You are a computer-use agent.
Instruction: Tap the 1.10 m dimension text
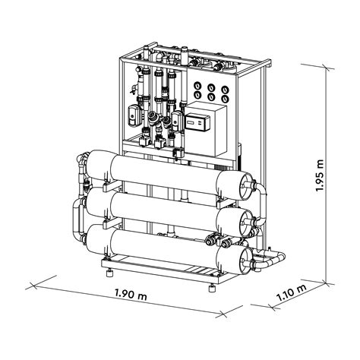(x=291, y=292)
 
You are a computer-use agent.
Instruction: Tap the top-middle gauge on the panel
(x=210, y=86)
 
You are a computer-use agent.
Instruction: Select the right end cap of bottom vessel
(x=246, y=258)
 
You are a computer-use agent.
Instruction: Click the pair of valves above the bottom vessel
(x=216, y=243)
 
